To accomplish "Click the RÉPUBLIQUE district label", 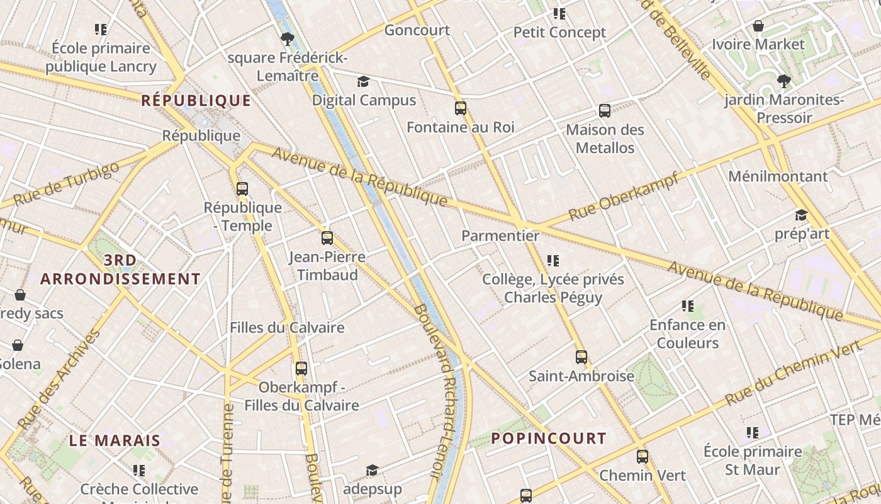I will coord(196,101).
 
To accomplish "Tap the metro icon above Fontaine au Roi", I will coord(461,108).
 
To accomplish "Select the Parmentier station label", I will coord(500,236).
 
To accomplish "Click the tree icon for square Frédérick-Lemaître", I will coord(288,39).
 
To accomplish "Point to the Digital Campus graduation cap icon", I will coord(363,81).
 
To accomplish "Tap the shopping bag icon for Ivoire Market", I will coord(758,26).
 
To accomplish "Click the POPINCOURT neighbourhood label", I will coord(549,438).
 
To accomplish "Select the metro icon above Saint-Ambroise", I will coord(581,357).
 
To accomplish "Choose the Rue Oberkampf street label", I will coord(624,196).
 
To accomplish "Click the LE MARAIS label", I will coord(115,440).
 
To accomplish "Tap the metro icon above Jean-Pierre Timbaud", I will coord(327,238).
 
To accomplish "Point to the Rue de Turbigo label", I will coord(65,183).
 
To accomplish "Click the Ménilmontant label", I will coord(778,176).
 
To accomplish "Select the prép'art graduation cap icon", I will coord(801,215).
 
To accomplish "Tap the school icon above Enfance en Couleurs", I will coord(687,306).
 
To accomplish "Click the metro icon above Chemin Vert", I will coord(642,457).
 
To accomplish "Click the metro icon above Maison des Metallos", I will coord(605,111).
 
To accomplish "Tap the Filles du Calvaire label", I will coord(287,328).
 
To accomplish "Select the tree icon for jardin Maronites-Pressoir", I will coord(783,81).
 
